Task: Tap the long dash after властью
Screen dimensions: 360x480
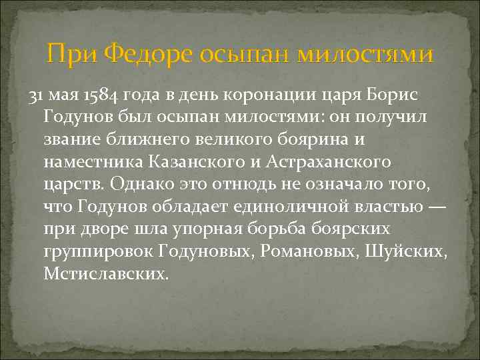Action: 437,207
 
